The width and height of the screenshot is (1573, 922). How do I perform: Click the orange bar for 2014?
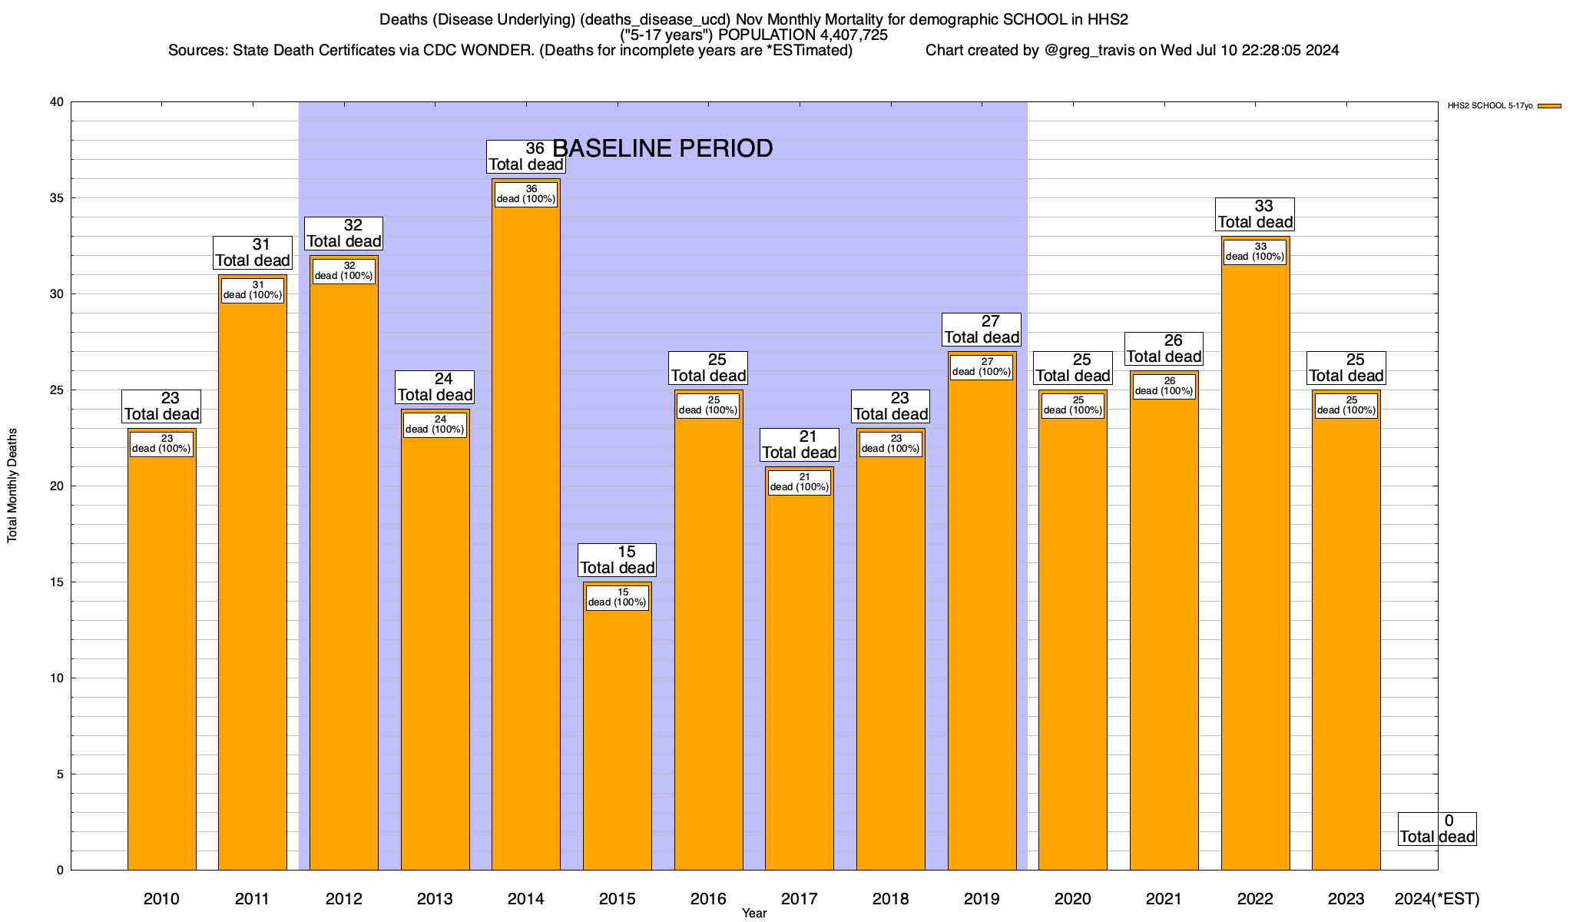526,538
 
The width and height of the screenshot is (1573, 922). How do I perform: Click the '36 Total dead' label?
526,157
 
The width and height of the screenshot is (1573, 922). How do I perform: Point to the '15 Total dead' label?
618,560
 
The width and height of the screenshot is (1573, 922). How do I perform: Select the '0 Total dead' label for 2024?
1437,829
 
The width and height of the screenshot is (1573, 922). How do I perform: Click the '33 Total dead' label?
1255,214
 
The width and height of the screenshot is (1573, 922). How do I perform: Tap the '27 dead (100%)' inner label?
982,366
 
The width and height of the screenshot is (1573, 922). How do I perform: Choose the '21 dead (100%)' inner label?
799,482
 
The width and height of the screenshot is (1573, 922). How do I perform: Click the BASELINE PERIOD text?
663,148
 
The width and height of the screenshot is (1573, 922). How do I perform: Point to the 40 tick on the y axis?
58,102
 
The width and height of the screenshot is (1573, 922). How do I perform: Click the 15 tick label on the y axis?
58,582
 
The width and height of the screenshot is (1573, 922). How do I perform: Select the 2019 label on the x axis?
982,899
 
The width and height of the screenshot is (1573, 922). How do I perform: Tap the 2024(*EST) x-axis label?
1436,899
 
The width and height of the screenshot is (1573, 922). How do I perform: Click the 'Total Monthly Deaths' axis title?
12,486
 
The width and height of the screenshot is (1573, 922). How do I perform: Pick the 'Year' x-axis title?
754,914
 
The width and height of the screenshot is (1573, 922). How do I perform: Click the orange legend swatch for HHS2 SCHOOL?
1549,106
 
